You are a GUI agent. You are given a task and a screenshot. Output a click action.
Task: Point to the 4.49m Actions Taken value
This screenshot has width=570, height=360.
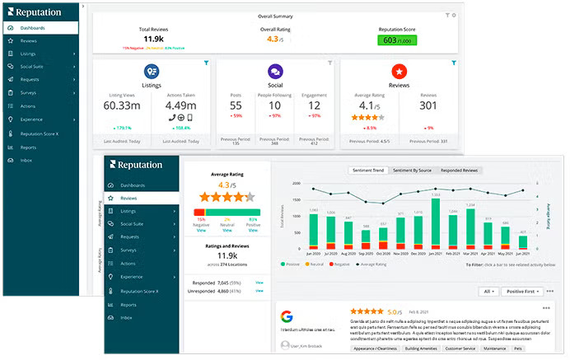180,105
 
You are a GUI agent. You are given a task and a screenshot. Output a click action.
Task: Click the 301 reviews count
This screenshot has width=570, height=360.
428,105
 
